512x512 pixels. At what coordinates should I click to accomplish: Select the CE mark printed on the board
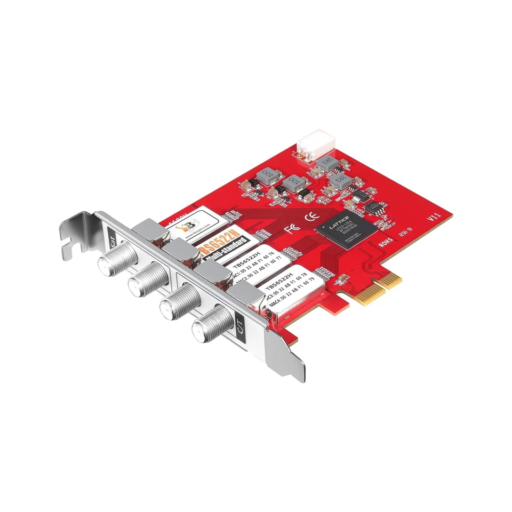pos(309,218)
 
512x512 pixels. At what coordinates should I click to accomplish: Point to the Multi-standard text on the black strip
pos(221,257)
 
